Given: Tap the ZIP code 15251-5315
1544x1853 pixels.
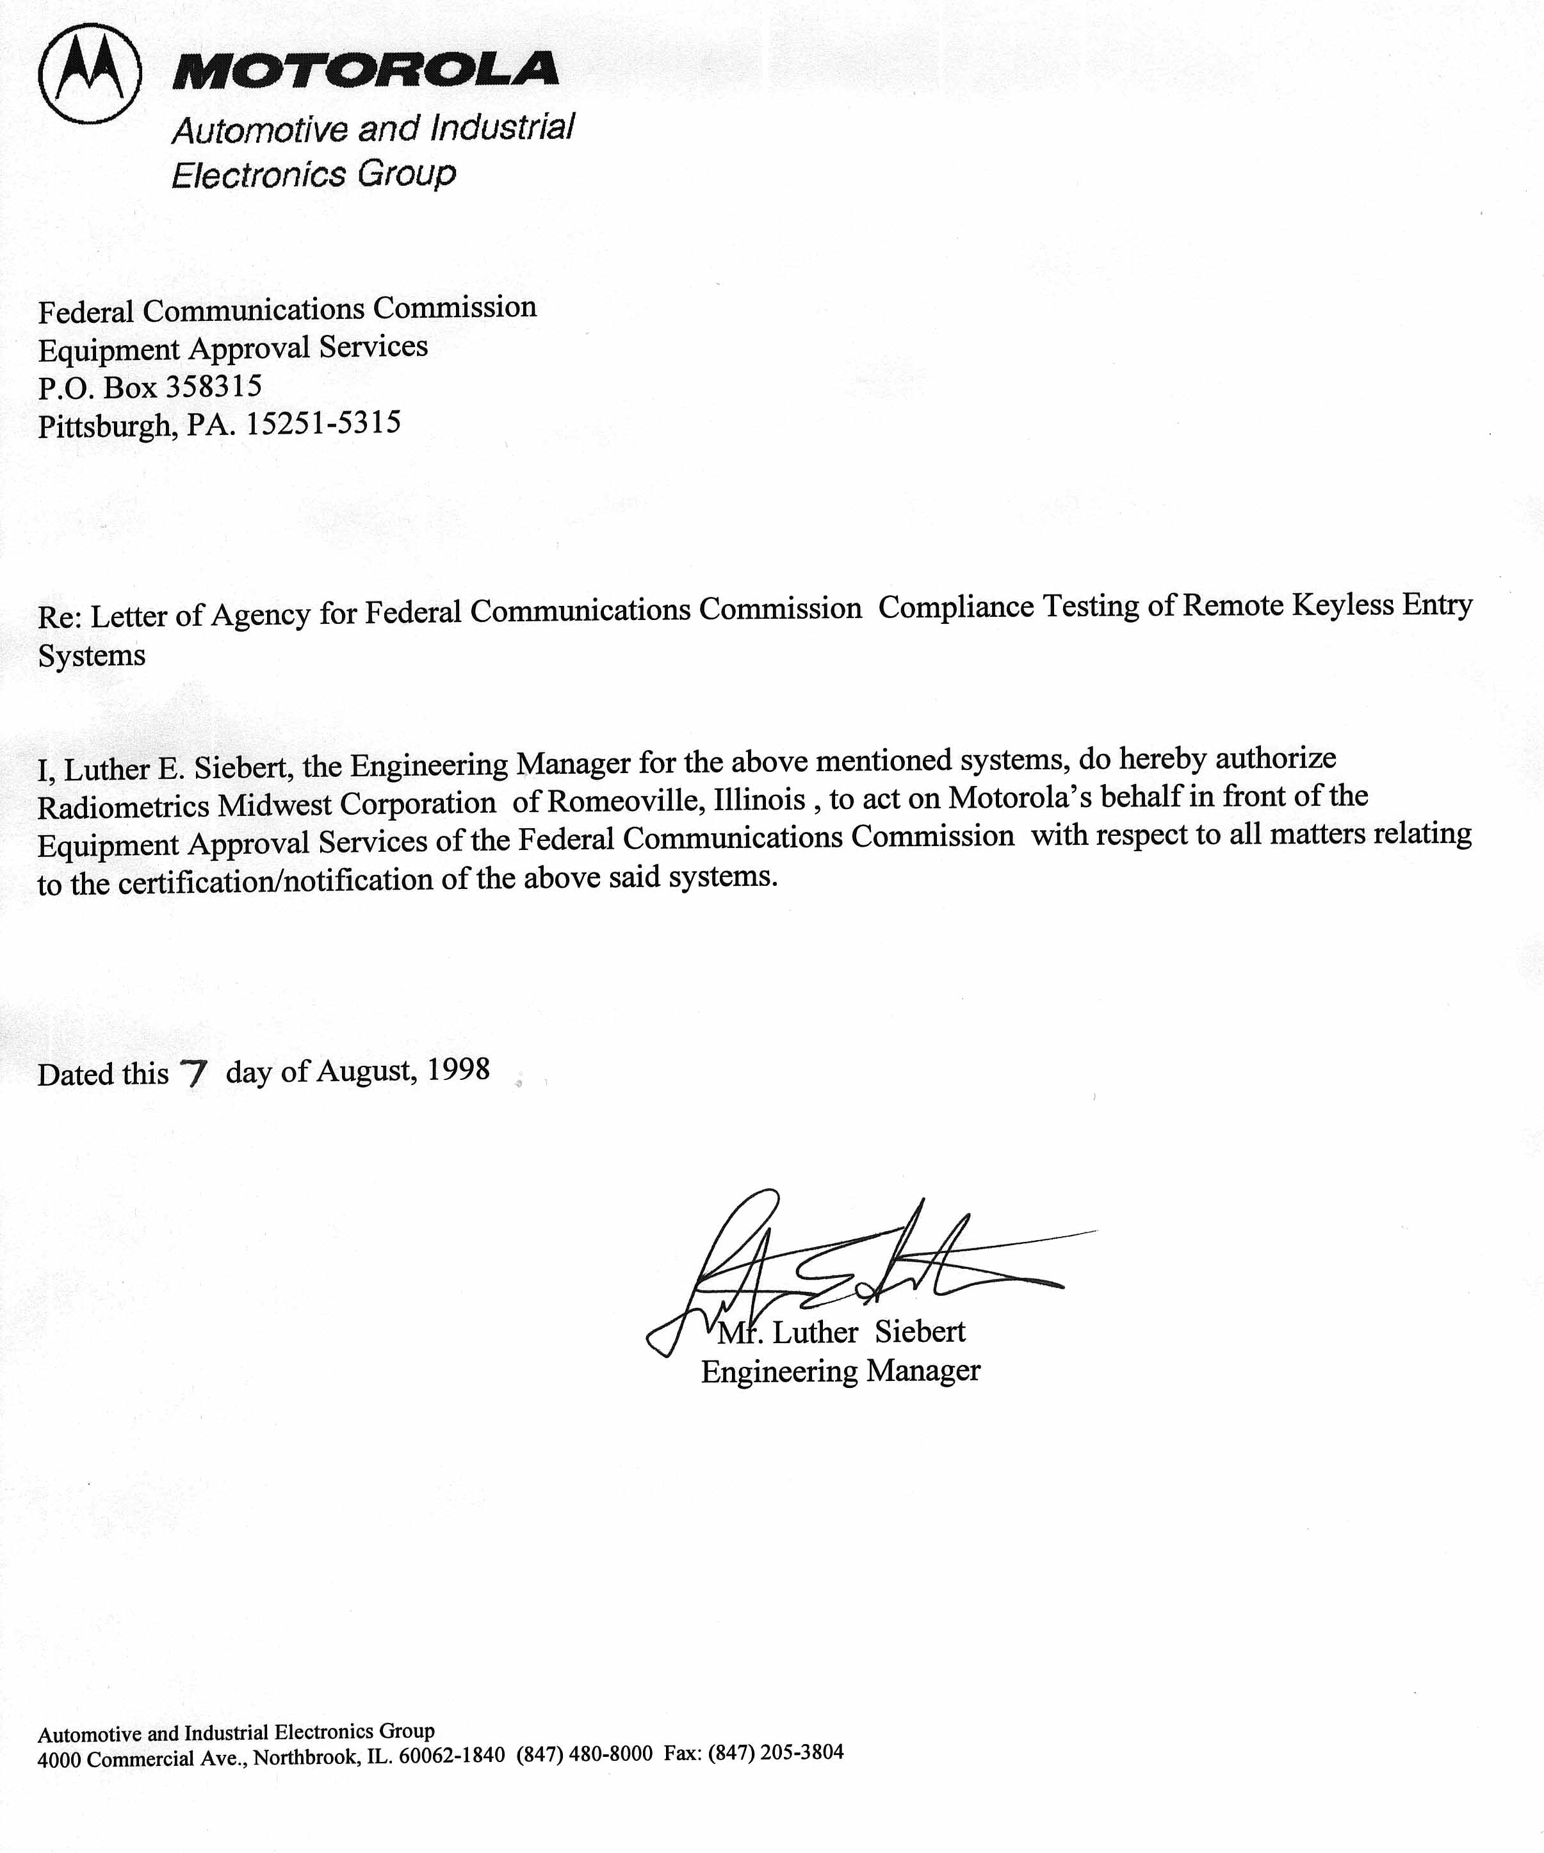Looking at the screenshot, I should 323,423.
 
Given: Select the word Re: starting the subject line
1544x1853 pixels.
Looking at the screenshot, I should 60,616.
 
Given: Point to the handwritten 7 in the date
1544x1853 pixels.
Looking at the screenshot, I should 192,1074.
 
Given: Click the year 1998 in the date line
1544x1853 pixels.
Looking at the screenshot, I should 458,1070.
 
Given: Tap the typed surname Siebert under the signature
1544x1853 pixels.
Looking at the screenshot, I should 920,1332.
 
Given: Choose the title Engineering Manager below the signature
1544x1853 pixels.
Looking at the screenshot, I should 840,1371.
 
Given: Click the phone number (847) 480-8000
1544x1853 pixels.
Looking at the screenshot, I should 584,1753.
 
